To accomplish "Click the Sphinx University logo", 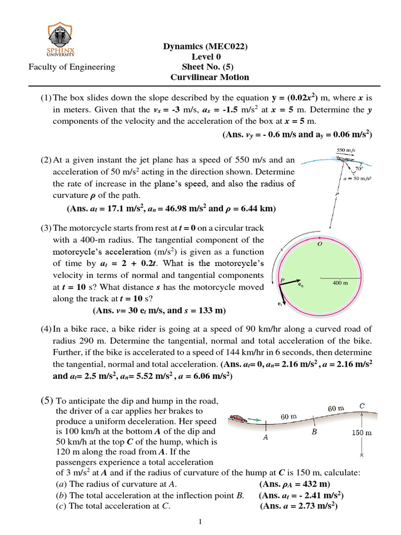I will tap(61, 40).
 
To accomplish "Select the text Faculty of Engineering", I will tap(72, 66).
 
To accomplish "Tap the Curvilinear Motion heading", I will tap(210, 77).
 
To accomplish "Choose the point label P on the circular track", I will tap(282, 280).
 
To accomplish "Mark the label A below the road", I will tap(265, 438).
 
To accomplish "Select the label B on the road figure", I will tap(314, 432).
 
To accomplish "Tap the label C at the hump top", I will tap(362, 405).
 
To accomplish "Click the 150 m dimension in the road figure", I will tap(361, 433).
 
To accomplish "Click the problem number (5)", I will tap(47, 401).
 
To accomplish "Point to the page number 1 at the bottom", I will tap(200, 522).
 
